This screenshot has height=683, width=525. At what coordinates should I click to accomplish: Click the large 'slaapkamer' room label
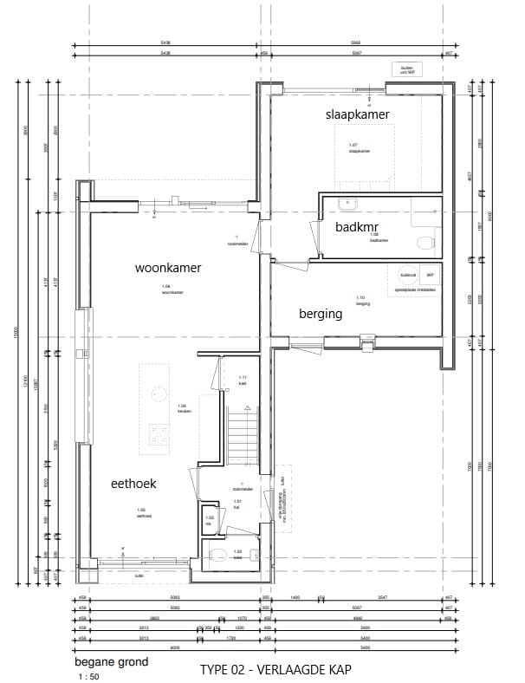tap(356, 114)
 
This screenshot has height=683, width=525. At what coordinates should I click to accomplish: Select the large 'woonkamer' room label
tap(168, 268)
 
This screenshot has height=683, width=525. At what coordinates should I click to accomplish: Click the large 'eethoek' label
tap(133, 483)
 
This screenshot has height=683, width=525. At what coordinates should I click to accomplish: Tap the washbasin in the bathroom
tap(348, 205)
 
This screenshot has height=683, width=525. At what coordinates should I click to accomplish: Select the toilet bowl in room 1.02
tap(219, 556)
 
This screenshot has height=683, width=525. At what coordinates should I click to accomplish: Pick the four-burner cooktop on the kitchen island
tap(159, 434)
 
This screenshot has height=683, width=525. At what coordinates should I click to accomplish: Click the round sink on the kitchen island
tap(159, 393)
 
